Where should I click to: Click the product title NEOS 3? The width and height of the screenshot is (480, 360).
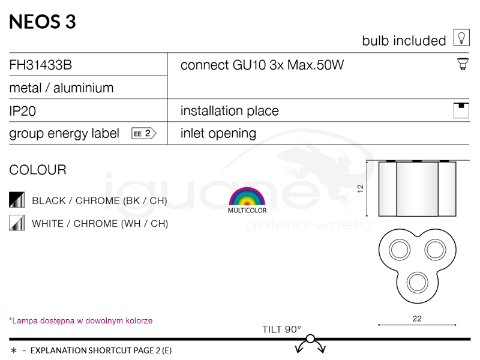pyautogui.click(x=43, y=22)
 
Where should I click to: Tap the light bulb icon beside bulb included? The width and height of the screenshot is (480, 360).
pyautogui.click(x=461, y=38)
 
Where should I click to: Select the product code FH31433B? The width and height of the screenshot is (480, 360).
pyautogui.click(x=41, y=65)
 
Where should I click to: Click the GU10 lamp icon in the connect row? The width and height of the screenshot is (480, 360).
pyautogui.click(x=463, y=64)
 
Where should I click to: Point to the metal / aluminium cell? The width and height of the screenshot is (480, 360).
pyautogui.click(x=61, y=88)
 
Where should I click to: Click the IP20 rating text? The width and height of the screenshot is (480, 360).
pyautogui.click(x=22, y=111)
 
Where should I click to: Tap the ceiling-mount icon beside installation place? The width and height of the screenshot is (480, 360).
pyautogui.click(x=461, y=110)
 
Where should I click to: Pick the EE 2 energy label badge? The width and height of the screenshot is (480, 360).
pyautogui.click(x=144, y=133)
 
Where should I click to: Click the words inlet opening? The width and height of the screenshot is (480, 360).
pyautogui.click(x=218, y=133)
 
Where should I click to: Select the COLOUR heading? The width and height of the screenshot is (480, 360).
pyautogui.click(x=38, y=170)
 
